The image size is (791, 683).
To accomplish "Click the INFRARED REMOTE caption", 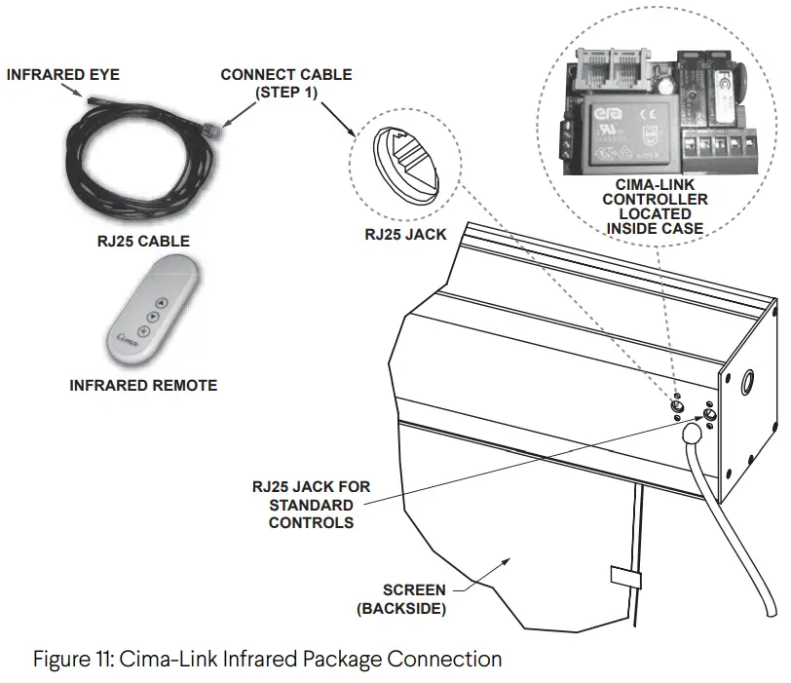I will pyautogui.click(x=143, y=386).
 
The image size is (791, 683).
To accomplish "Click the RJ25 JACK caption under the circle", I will pyautogui.click(x=404, y=235).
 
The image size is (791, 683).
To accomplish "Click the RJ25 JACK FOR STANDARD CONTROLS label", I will pyautogui.click(x=311, y=504).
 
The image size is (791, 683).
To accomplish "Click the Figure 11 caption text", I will pyautogui.click(x=268, y=659).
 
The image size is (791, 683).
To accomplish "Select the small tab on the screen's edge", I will pyautogui.click(x=624, y=576).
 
